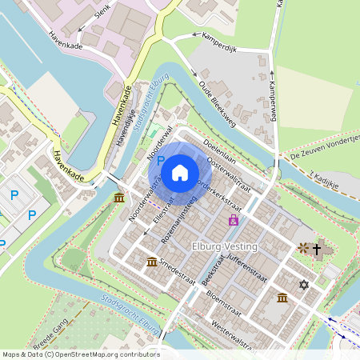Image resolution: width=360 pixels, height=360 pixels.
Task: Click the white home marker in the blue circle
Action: coord(180,172)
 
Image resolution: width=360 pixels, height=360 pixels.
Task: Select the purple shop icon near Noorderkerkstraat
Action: coord(234,219)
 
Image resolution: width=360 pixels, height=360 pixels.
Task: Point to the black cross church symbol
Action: coord(317,250)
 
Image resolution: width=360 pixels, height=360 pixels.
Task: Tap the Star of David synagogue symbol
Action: coord(303,284)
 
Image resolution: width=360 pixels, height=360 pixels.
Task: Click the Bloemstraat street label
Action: coord(225,304)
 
